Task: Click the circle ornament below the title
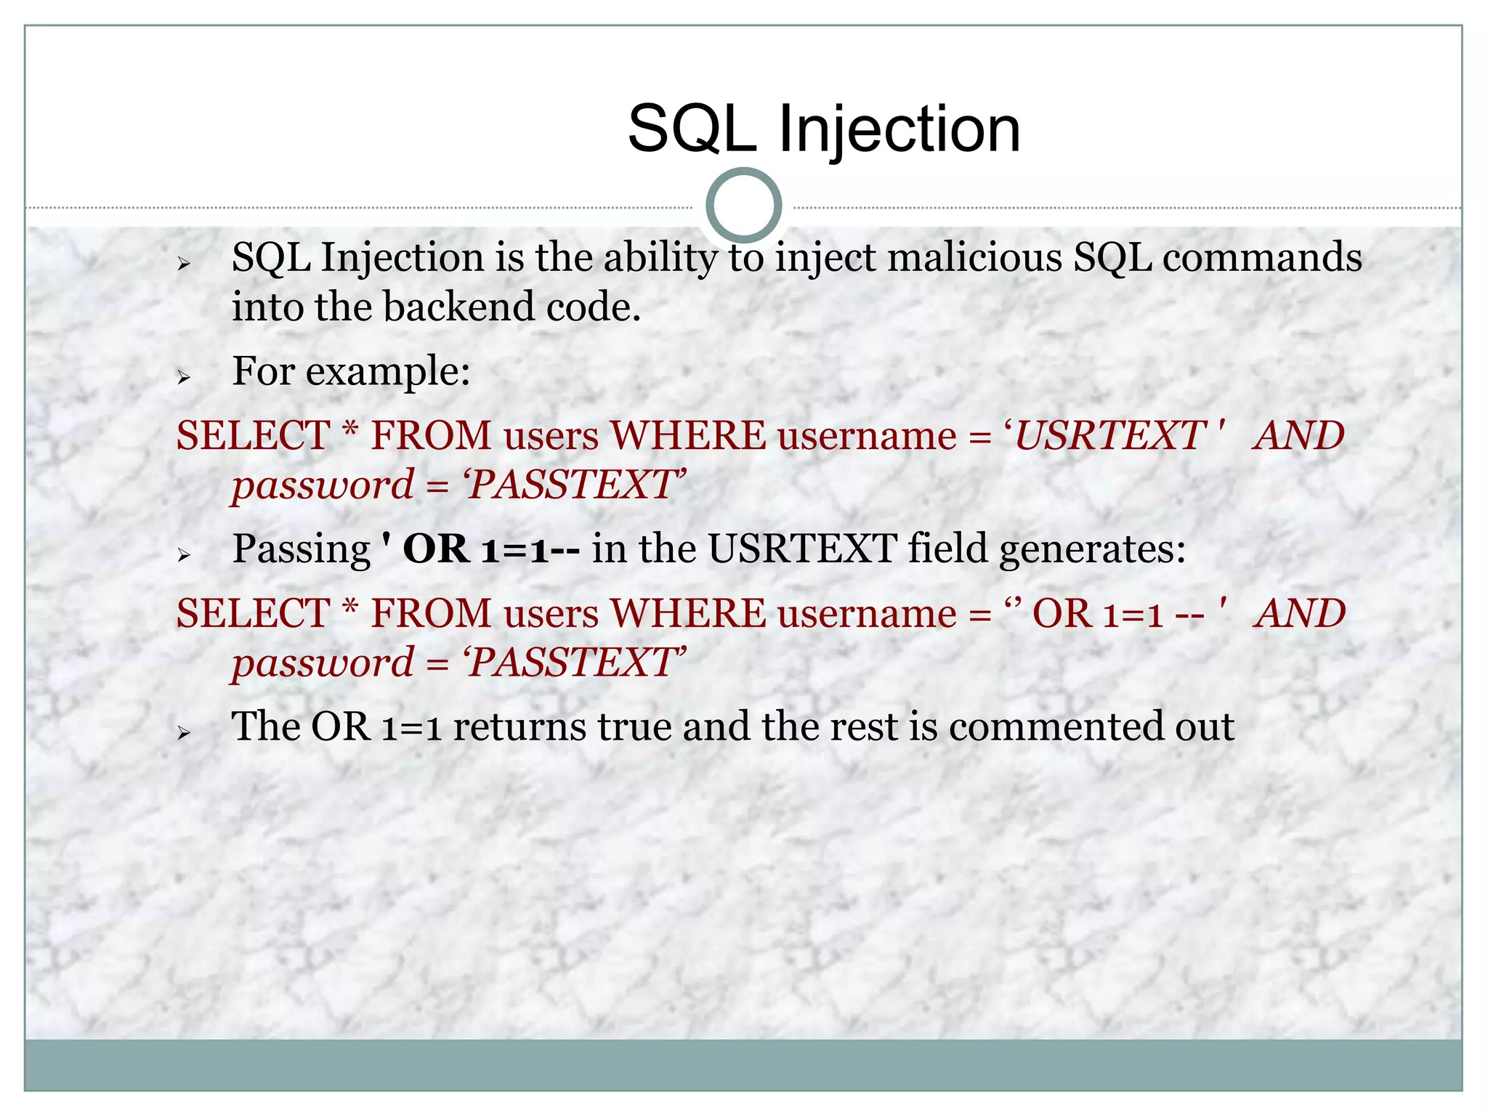pyautogui.click(x=743, y=206)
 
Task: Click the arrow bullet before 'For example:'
pyautogui.click(x=184, y=377)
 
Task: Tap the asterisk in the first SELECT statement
pyautogui.click(x=350, y=431)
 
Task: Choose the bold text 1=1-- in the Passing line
pyautogui.click(x=530, y=549)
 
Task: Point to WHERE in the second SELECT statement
pyautogui.click(x=687, y=614)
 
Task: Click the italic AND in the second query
pyautogui.click(x=1301, y=614)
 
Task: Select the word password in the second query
pyautogui.click(x=323, y=663)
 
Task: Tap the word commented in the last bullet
pyautogui.click(x=1056, y=727)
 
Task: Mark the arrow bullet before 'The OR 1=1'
pyautogui.click(x=184, y=733)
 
